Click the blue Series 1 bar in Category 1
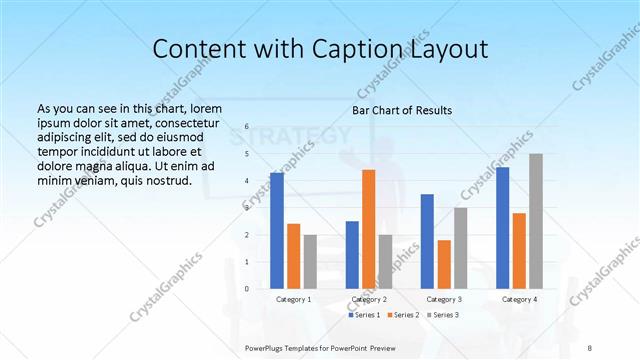277,231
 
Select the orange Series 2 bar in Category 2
368,229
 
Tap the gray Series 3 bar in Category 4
536,221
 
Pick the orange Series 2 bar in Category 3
444,264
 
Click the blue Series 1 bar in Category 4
502,228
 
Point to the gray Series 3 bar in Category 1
310,262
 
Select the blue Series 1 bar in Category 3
427,241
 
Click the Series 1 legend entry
364,315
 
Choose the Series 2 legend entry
402,315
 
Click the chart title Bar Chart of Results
402,110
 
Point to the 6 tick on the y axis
246,127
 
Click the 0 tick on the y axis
246,289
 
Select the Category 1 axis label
293,299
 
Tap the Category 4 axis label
519,299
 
